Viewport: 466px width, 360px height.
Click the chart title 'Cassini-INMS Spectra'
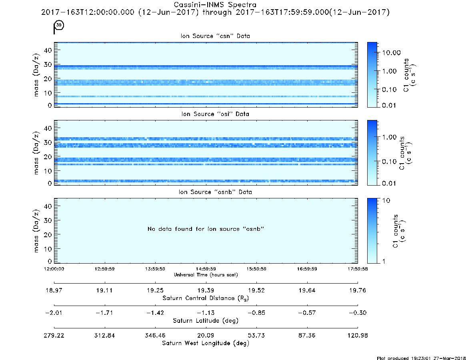click(215, 5)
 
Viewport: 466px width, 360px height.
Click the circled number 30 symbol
click(59, 25)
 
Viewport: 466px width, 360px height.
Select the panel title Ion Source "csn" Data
click(215, 36)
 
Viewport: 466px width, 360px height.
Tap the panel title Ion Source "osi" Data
click(215, 114)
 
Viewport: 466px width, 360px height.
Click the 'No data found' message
click(206, 229)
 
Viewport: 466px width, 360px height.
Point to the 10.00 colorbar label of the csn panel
click(392, 53)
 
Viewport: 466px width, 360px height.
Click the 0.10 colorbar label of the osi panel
click(389, 162)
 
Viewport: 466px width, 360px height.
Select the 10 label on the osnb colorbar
click(386, 200)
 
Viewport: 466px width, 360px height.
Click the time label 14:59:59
click(206, 269)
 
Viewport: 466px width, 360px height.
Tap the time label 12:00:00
click(54, 269)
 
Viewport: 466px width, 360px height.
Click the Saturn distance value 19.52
click(256, 290)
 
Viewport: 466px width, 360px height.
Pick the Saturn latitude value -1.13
click(206, 313)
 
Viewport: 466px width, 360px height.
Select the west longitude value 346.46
click(155, 335)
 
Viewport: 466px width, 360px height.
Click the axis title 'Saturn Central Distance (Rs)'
click(206, 298)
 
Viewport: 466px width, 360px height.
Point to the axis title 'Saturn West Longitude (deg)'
click(206, 343)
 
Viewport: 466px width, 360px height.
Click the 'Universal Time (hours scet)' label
click(206, 275)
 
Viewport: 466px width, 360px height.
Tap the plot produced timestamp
click(421, 358)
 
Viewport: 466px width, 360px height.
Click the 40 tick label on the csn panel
click(48, 50)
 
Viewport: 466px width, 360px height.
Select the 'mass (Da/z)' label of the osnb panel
click(36, 231)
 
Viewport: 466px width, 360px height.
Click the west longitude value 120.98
click(358, 335)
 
